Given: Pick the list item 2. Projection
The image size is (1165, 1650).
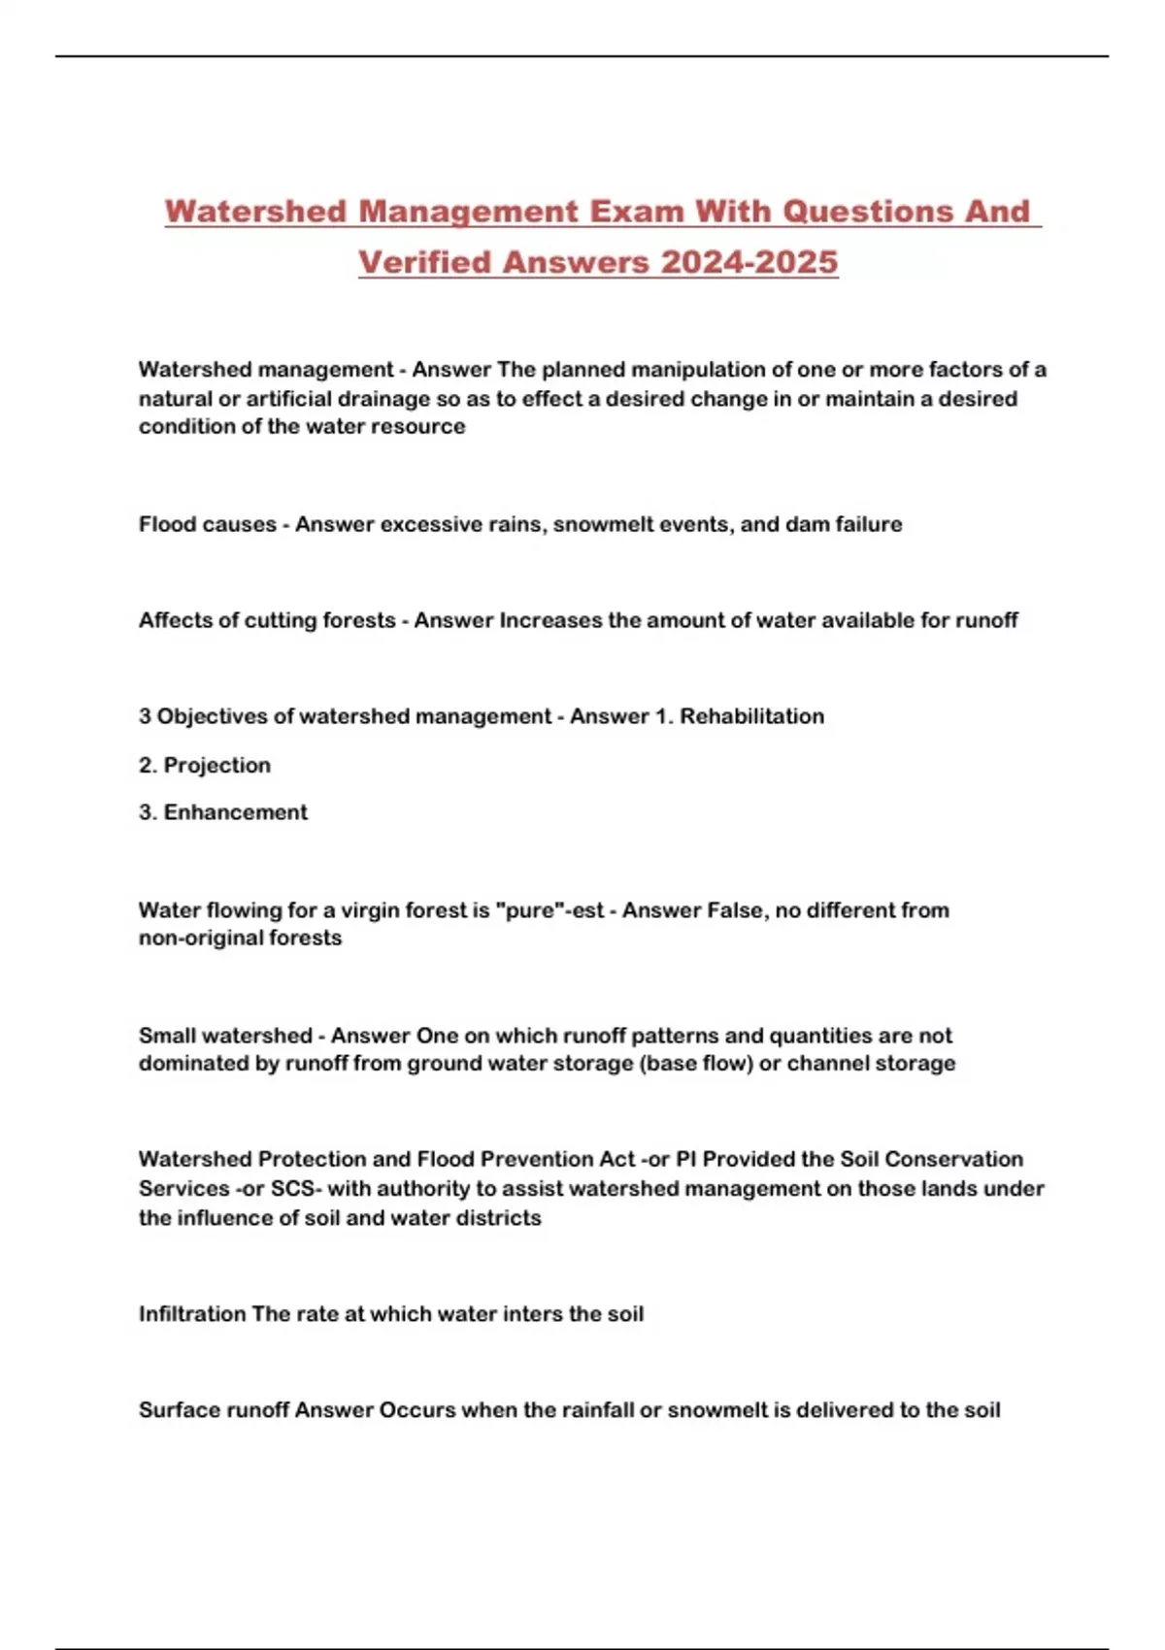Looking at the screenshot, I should coord(205,765).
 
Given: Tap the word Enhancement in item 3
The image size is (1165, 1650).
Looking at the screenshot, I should coord(235,812).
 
